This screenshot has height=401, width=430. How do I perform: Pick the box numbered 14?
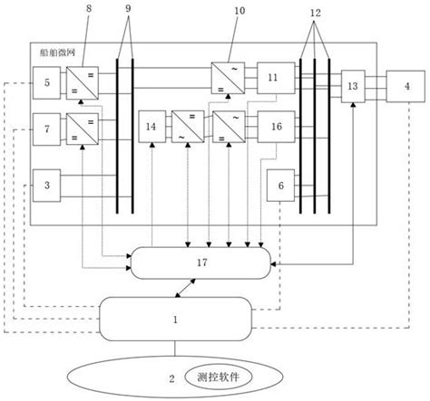pos(152,128)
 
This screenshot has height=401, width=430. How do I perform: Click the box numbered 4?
pos(406,86)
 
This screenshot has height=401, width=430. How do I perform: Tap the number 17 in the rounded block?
pos(201,263)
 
